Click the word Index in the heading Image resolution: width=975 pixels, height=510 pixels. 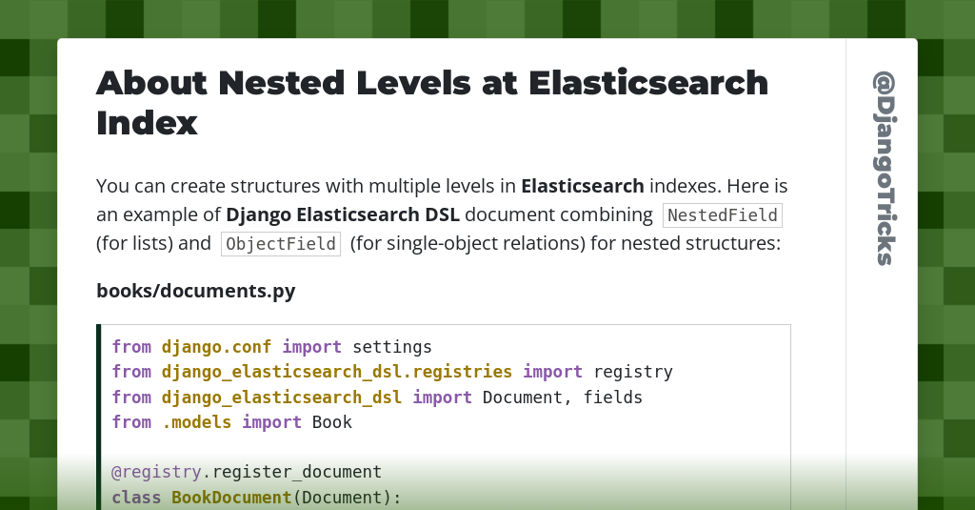pyautogui.click(x=147, y=123)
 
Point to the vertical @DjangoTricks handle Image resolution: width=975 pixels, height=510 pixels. pyautogui.click(x=883, y=168)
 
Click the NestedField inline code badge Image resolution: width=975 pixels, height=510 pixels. pyautogui.click(x=723, y=215)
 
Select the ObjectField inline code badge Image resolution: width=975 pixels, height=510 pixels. pyautogui.click(x=281, y=244)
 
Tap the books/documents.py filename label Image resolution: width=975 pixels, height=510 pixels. pyautogui.click(x=196, y=291)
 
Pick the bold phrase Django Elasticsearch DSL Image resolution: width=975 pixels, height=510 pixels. pyautogui.click(x=343, y=214)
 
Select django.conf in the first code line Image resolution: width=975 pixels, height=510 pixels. pyautogui.click(x=216, y=346)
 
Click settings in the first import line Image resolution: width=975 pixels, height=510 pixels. pyautogui.click(x=392, y=346)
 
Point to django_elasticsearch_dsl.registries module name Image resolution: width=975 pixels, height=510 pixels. pyautogui.click(x=337, y=372)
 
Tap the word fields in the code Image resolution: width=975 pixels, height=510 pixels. pyautogui.click(x=613, y=397)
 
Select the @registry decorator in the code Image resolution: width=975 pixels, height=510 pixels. pyautogui.click(x=156, y=472)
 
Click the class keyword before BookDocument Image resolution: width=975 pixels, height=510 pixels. pyautogui.click(x=136, y=497)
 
